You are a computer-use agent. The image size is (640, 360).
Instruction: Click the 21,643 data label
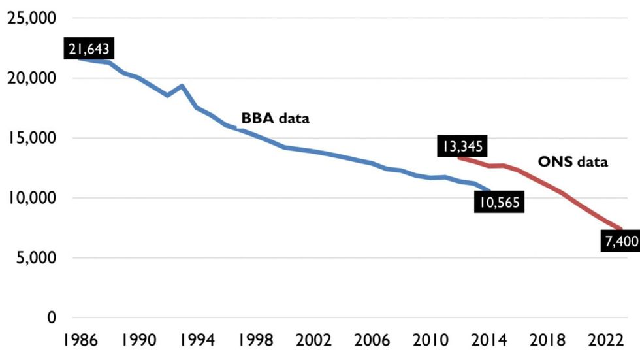click(x=90, y=48)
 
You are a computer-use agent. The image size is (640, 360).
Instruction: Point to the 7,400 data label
click(x=621, y=242)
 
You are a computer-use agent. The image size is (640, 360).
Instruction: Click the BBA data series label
click(x=275, y=119)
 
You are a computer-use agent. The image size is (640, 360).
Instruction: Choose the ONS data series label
click(x=572, y=162)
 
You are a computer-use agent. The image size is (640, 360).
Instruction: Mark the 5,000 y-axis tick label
click(x=35, y=258)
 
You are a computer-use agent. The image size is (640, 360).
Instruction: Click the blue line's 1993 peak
click(x=182, y=86)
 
